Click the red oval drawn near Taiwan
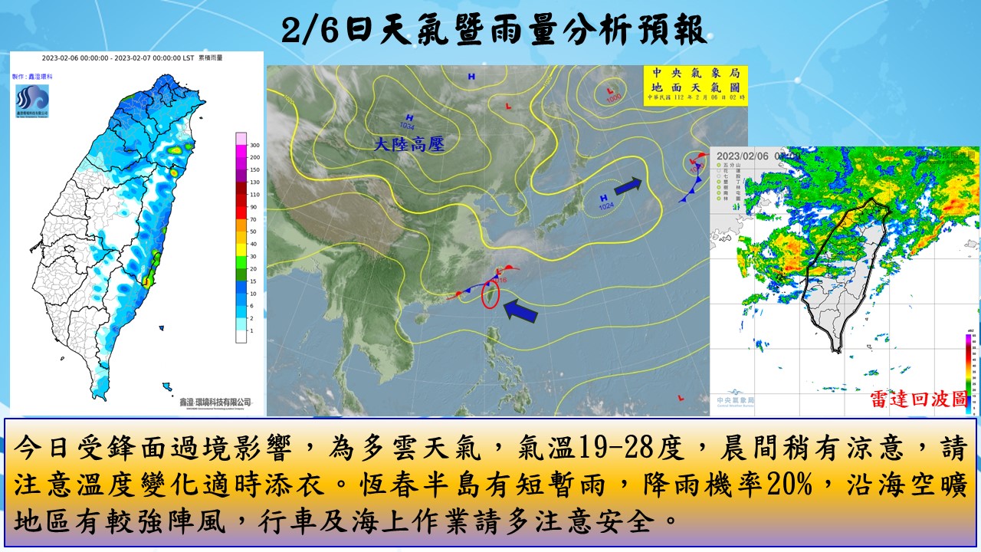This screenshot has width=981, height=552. click(x=490, y=294)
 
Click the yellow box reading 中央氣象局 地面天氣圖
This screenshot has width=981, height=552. click(x=694, y=85)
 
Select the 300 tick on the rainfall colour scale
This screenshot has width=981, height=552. click(x=254, y=145)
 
